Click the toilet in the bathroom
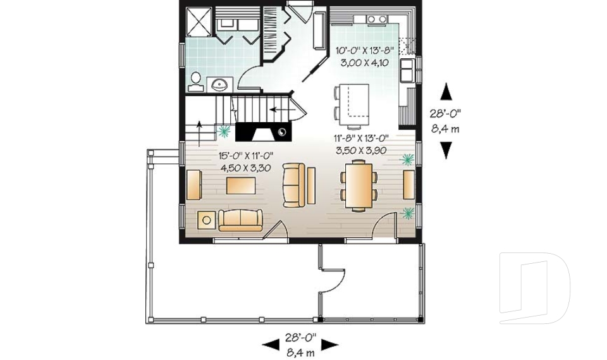[x=196, y=81]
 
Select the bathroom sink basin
[x=221, y=83]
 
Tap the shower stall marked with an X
[x=200, y=25]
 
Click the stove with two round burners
[x=377, y=20]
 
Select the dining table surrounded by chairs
[x=359, y=184]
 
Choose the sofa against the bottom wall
[x=240, y=220]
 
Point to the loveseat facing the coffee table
[x=293, y=185]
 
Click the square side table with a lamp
[x=206, y=220]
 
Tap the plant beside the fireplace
[x=223, y=131]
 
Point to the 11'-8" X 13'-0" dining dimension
[x=360, y=139]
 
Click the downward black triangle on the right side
[x=446, y=150]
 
